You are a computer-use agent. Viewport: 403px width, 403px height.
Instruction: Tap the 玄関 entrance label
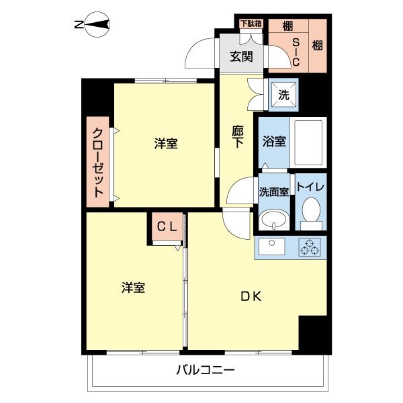(242, 57)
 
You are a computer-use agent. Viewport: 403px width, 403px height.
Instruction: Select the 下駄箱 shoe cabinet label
(251, 24)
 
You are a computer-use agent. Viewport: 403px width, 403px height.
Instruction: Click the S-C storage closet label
(294, 51)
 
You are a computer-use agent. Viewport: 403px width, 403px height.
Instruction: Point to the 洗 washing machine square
(283, 95)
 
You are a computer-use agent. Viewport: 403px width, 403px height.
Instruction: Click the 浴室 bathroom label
(274, 142)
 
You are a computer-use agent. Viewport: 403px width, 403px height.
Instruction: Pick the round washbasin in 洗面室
(273, 218)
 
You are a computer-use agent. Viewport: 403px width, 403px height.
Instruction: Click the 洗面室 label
(273, 191)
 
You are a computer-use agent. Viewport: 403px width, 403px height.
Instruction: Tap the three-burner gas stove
(310, 247)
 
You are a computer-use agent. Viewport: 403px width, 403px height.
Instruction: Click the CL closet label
(167, 226)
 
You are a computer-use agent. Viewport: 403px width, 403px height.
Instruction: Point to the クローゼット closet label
(98, 162)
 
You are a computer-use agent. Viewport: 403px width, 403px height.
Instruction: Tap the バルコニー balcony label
(206, 369)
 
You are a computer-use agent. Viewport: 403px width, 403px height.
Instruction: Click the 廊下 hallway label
(238, 138)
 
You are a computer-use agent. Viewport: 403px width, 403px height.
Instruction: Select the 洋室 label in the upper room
(165, 144)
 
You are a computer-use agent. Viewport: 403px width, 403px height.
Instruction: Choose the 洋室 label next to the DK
(133, 287)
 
